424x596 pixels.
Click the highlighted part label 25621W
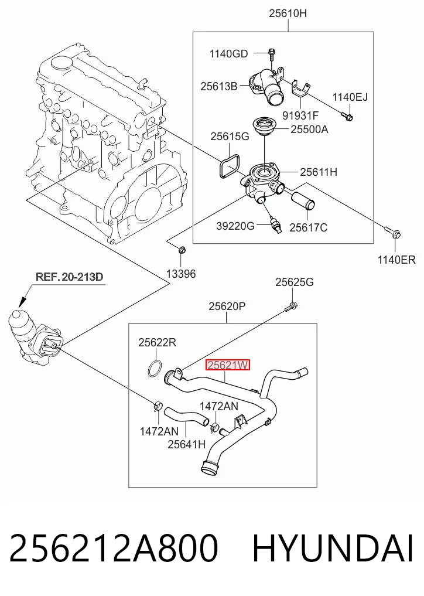tap(228, 365)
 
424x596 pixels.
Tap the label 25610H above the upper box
tap(288, 13)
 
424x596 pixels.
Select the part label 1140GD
tap(229, 54)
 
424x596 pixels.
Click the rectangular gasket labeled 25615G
tap(228, 165)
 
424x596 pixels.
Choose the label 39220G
tap(235, 226)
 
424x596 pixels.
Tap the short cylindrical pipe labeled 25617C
tap(303, 200)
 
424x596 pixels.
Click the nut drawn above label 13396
tap(182, 250)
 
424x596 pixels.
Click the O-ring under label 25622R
tap(155, 369)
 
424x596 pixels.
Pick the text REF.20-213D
tap(70, 277)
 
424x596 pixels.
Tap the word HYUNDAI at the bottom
tap(333, 548)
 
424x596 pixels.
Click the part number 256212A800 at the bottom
tap(114, 548)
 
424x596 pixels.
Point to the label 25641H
tap(187, 444)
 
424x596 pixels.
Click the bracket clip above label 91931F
tap(299, 88)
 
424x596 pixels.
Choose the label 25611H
tap(319, 172)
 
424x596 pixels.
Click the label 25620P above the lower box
tap(227, 306)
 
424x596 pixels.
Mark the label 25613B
tap(219, 87)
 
